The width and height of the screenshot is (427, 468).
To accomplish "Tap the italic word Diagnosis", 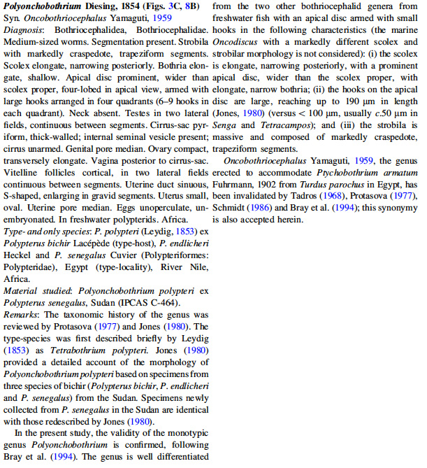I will pos(20,31).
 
